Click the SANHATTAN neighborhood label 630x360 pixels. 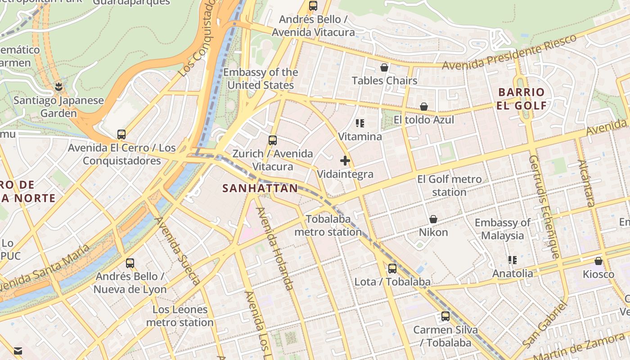pos(260,188)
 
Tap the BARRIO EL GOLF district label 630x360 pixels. pos(522,99)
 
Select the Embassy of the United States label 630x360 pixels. pos(261,79)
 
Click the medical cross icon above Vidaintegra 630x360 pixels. pos(345,161)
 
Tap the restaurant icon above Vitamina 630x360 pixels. pos(360,123)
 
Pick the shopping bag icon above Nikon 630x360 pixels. pos(433,219)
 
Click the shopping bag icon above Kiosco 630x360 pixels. pos(598,261)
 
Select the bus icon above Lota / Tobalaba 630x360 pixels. pos(392,269)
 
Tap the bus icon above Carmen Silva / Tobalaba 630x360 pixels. pos(445,316)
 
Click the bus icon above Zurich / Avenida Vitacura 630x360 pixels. pos(272,140)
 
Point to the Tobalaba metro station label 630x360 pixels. pos(328,225)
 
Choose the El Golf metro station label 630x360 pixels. pos(449,185)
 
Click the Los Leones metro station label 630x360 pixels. pos(180,316)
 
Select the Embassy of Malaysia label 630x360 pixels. pos(502,229)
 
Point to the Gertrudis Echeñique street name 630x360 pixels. pos(543,207)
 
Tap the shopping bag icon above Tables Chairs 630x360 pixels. pos(384,67)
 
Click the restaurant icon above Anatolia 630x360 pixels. pos(512,260)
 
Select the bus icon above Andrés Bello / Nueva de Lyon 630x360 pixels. pos(130,263)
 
